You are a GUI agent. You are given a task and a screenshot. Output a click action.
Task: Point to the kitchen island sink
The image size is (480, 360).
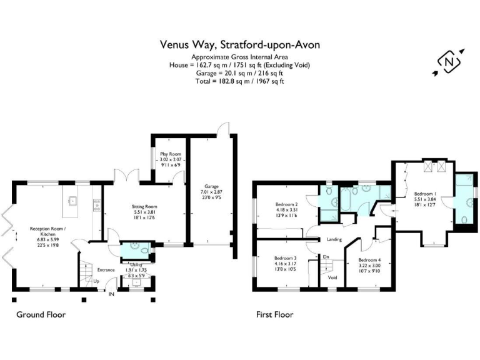click(x=73, y=201)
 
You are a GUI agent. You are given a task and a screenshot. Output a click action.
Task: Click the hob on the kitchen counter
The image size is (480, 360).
click(x=96, y=203)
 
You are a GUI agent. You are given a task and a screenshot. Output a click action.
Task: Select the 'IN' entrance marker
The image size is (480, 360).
click(x=111, y=294)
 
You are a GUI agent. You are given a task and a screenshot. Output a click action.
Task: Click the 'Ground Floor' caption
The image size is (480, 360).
click(x=41, y=315)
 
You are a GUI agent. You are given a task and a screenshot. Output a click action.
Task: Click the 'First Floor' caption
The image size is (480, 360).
click(x=274, y=315)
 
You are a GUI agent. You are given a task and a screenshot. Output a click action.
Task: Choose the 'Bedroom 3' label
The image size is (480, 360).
click(x=286, y=258)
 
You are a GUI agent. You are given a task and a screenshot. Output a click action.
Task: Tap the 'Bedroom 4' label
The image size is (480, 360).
click(x=369, y=259)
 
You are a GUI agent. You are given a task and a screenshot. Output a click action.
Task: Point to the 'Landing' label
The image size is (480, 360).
click(x=335, y=239)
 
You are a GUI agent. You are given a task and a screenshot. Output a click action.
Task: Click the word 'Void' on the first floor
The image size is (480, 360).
click(x=332, y=277)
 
